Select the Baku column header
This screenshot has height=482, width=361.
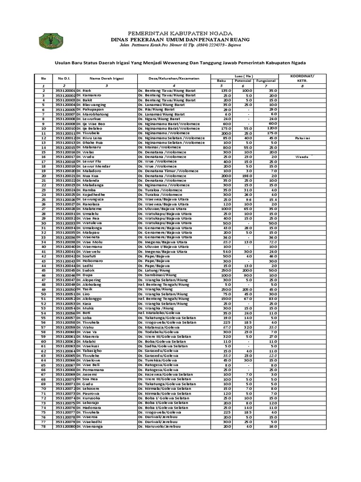coord(227,81)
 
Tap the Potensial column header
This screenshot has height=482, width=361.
coord(247,81)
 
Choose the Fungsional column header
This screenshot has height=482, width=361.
coord(267,81)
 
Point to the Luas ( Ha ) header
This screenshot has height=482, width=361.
coord(247,76)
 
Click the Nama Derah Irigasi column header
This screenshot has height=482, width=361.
coord(106,78)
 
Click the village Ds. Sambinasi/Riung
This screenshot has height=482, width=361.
coord(157,275)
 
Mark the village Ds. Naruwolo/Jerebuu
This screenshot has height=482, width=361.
coord(160,426)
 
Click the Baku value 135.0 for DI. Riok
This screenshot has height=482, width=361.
coord(227,90)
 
